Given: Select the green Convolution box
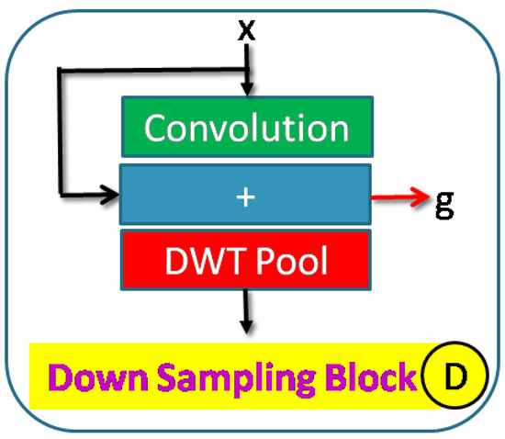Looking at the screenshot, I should [x=246, y=128].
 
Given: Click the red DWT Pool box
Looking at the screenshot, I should [x=246, y=261].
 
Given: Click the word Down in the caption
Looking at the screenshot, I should [x=92, y=377].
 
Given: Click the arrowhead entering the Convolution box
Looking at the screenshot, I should [x=246, y=89].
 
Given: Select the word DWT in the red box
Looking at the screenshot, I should [x=196, y=261].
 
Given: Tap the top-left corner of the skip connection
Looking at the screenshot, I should [x=60, y=70].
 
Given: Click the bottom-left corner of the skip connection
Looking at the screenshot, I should [x=60, y=195].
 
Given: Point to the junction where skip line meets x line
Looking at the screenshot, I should [x=246, y=70].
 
